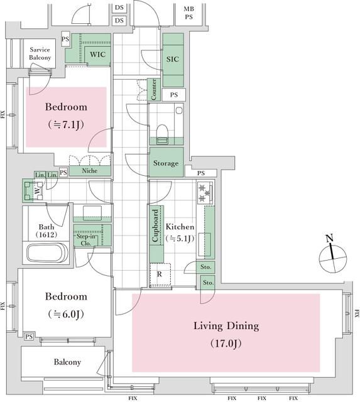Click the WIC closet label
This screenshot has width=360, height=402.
(x=97, y=55)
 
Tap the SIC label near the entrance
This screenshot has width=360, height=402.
(x=173, y=59)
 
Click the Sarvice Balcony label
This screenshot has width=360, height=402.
(x=40, y=53)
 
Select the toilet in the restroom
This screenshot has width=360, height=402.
(x=162, y=134)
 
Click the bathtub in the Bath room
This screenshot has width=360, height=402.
(x=48, y=253)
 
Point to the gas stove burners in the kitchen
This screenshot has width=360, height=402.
(x=205, y=193)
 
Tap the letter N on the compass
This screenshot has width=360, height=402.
(x=329, y=238)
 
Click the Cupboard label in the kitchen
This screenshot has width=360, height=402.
(x=155, y=225)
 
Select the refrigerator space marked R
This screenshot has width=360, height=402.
(x=160, y=274)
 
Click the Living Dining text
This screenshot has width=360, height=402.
(x=226, y=326)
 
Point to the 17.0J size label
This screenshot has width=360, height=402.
(x=226, y=343)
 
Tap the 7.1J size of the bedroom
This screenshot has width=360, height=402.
(x=66, y=124)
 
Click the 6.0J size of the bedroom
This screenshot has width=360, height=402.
(x=66, y=314)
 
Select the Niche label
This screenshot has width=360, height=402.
(x=89, y=170)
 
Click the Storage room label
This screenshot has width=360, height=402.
(x=166, y=163)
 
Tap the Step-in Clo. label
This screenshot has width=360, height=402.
(x=85, y=240)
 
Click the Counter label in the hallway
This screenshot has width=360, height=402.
(x=154, y=89)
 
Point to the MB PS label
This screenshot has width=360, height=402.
(x=189, y=13)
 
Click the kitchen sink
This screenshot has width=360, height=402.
(x=204, y=244)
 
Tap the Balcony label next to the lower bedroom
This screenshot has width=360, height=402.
(x=67, y=362)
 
